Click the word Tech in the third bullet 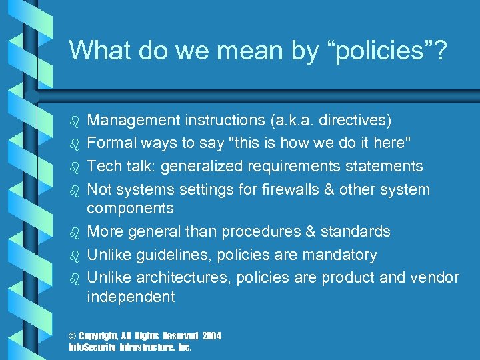tap(103, 166)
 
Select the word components tap(130, 208)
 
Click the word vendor tap(436, 277)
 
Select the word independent tap(131, 297)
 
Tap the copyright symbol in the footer tap(73, 335)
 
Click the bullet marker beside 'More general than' tap(75, 232)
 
